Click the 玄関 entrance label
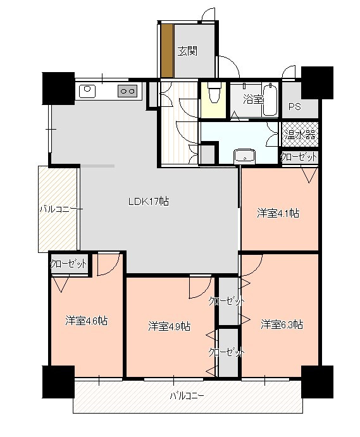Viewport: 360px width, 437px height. [187, 51]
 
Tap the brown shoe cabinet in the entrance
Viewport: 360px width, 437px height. [167, 51]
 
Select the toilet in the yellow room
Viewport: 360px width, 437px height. [214, 93]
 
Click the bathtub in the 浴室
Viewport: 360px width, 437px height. [270, 99]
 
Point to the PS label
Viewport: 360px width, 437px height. [294, 107]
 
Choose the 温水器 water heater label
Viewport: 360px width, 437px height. [300, 135]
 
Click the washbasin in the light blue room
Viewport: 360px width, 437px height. [244, 156]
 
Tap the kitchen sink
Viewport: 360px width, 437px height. [87, 91]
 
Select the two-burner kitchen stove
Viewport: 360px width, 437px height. [128, 91]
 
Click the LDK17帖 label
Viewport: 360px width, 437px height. [148, 201]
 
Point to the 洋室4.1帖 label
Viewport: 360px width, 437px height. [278, 214]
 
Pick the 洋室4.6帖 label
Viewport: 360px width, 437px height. [87, 321]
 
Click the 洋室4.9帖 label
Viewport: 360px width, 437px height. [170, 326]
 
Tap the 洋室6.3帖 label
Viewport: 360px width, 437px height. [282, 324]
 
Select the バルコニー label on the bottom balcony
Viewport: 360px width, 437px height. [187, 396]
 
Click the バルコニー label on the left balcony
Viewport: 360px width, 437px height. [61, 209]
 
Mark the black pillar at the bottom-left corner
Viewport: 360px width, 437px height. [58, 382]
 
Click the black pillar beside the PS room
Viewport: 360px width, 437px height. [318, 82]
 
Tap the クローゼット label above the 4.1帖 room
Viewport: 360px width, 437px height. [299, 157]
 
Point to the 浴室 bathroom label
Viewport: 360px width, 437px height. [253, 99]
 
